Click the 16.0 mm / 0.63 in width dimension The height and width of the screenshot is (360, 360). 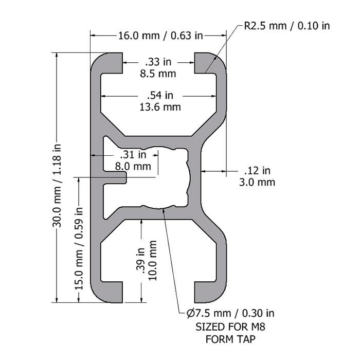(160, 35)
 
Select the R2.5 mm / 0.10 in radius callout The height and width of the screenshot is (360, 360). (287, 26)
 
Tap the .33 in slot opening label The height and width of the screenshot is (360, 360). (158, 62)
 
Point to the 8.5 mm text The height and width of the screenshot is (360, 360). (158, 74)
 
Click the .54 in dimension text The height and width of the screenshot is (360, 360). (160, 95)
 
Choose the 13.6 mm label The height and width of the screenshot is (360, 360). (160, 107)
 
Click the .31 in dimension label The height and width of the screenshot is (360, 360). (133, 154)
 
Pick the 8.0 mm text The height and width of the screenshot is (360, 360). (133, 166)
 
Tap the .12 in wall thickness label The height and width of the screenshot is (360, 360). (257, 171)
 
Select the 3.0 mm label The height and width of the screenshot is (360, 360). (257, 182)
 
